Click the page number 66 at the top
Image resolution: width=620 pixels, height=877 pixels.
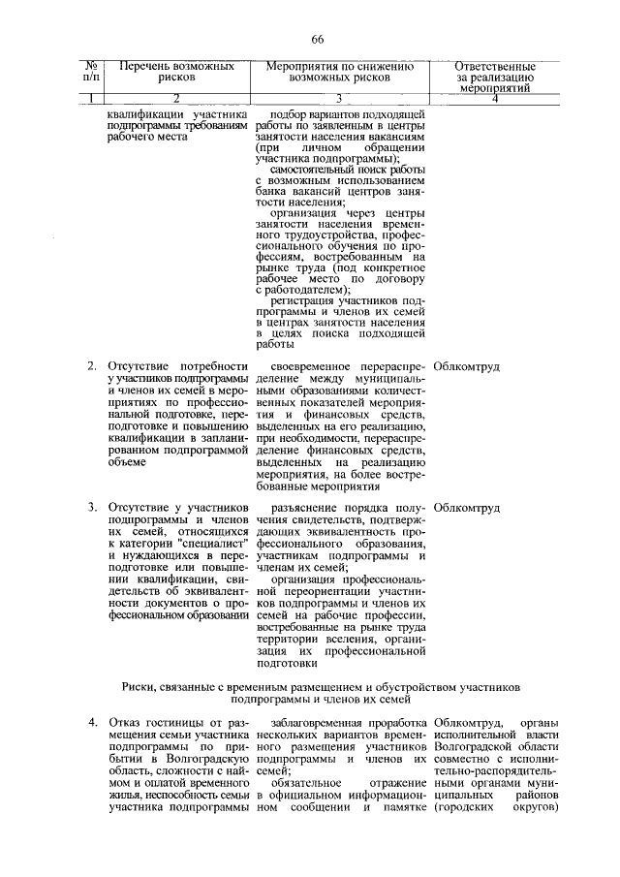[317, 39]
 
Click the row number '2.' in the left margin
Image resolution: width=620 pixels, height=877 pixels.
[92, 366]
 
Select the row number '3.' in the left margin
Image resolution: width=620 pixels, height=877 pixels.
[92, 507]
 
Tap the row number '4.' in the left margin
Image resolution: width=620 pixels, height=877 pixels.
[92, 722]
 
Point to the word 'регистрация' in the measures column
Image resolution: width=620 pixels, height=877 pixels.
[307, 300]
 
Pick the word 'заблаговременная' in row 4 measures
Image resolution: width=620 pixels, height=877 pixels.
[320, 722]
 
